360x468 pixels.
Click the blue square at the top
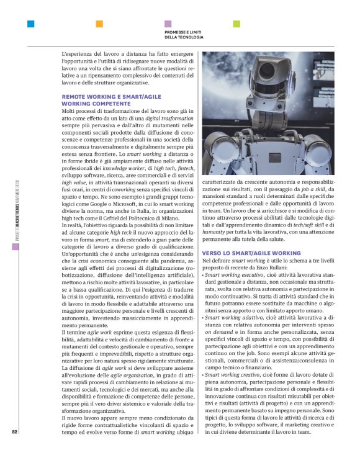tap(30, 24)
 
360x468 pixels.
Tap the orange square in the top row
tap(99, 24)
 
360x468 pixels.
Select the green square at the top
tap(236, 24)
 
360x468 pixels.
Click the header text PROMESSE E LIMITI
tap(184, 32)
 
